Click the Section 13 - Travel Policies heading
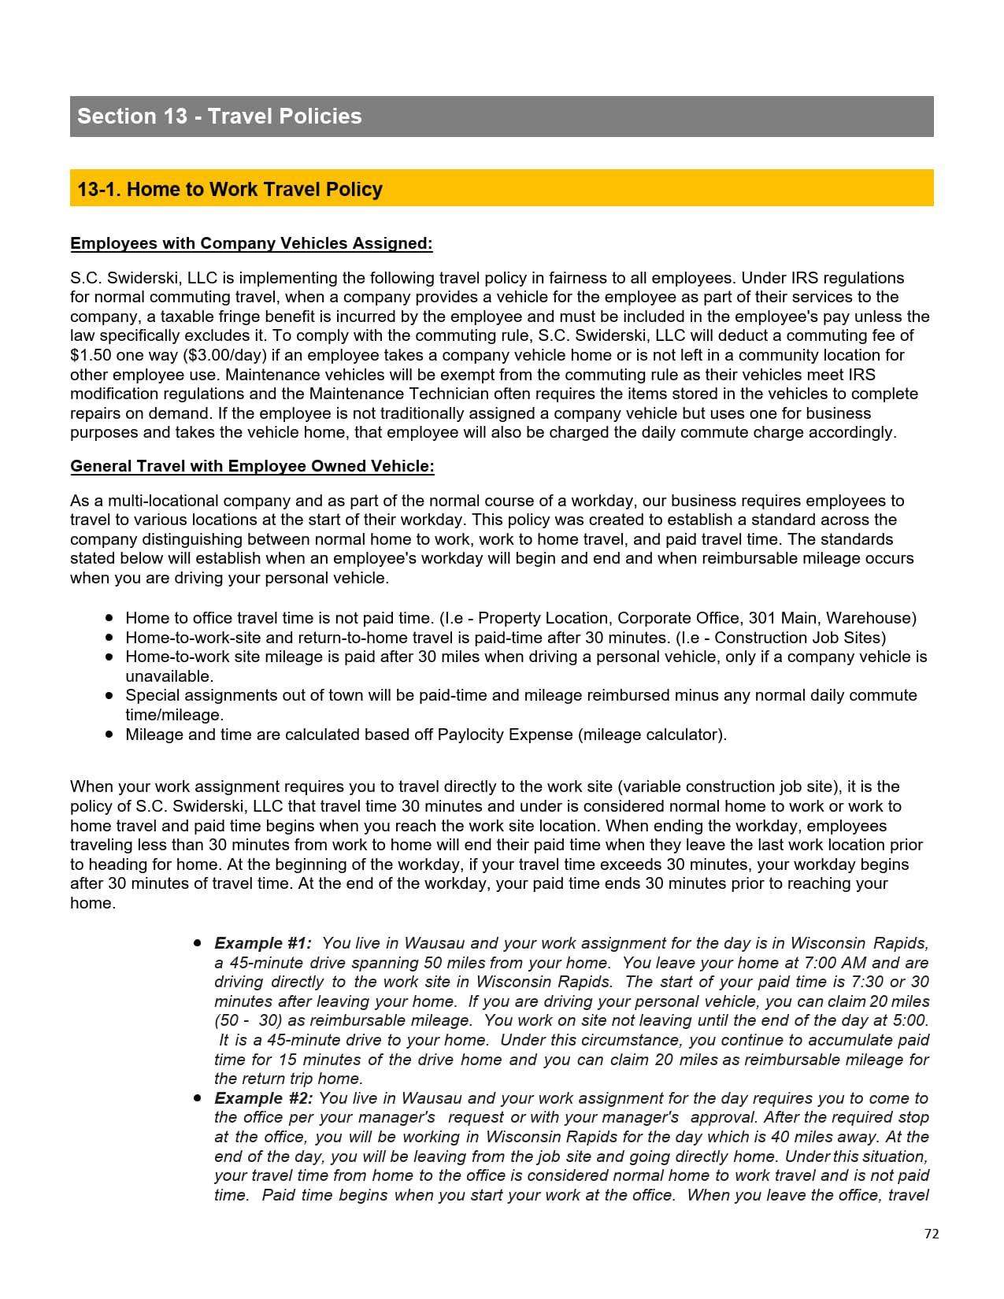tap(220, 117)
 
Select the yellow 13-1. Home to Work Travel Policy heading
tap(230, 190)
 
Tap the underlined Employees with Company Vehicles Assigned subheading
tap(251, 243)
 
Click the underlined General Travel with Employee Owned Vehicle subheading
tap(252, 466)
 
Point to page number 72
tap(932, 1234)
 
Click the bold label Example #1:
tap(262, 943)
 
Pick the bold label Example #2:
tap(263, 1098)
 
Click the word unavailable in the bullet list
tap(169, 676)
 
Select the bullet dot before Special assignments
tap(109, 696)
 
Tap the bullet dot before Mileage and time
tap(109, 735)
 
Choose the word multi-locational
tap(164, 501)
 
